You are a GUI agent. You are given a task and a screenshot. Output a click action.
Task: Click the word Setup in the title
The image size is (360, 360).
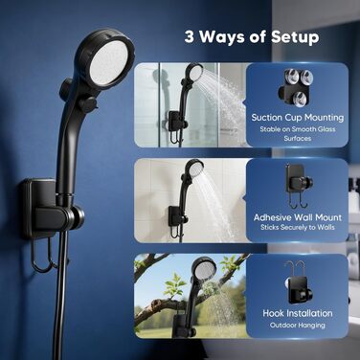(295, 37)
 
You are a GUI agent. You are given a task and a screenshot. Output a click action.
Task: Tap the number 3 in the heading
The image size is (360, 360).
(189, 36)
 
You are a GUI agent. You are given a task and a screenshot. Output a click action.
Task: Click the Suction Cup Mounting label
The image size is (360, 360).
(298, 118)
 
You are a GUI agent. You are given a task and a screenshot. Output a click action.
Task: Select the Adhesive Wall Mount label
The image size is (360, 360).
(298, 217)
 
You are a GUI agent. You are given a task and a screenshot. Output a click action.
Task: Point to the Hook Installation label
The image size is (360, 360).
(298, 313)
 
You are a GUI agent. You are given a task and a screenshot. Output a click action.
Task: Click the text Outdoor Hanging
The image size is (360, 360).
(298, 326)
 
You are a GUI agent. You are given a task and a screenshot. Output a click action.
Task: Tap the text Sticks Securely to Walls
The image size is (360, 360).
(298, 227)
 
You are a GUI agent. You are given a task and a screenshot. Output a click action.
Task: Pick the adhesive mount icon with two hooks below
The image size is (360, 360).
(299, 185)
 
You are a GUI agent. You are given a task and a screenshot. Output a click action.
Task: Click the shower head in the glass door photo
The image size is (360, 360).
(194, 73)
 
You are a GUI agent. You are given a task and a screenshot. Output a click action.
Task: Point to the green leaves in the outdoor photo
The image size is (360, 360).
(174, 284)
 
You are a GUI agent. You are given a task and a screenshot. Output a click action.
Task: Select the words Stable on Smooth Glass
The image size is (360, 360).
(298, 129)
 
